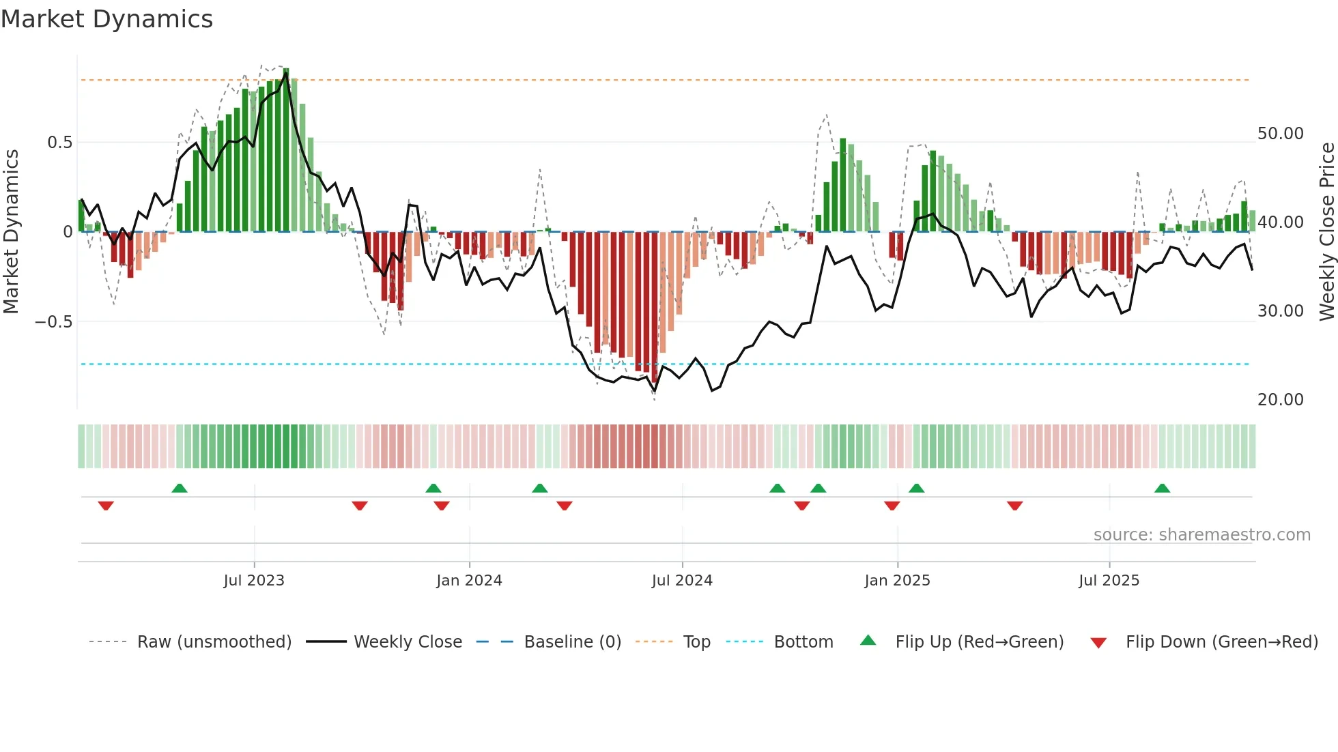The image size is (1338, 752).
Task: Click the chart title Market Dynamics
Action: point(106,19)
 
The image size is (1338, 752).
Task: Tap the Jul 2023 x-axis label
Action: point(254,581)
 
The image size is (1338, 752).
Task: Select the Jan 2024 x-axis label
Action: point(469,581)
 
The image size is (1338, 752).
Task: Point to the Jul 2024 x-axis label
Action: point(682,581)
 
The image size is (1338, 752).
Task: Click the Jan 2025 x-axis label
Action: point(897,581)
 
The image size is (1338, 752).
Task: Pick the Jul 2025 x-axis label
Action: point(1109,581)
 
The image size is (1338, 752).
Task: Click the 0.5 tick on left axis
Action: point(59,143)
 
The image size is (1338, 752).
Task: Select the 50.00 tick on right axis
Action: point(1280,134)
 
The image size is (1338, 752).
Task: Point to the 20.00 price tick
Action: point(1280,400)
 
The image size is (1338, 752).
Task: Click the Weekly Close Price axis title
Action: point(1326,232)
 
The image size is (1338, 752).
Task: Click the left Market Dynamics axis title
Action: point(11,232)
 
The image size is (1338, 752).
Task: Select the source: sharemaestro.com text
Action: point(1201,535)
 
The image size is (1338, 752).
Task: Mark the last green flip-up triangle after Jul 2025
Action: point(1162,488)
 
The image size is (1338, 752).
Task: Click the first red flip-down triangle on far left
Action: point(106,506)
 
